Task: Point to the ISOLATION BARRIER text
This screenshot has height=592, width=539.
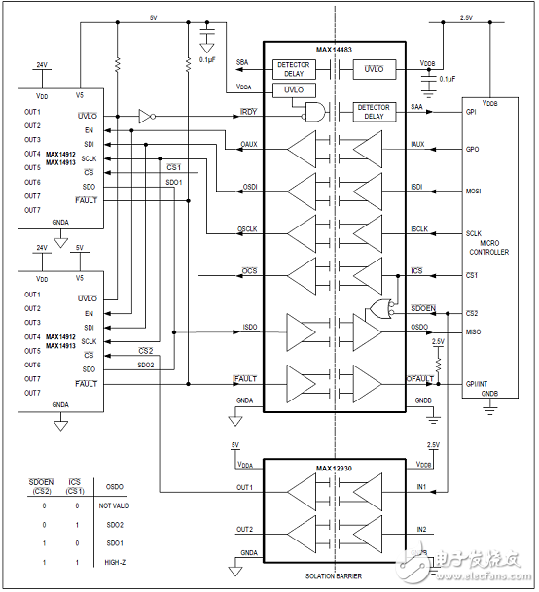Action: click(x=334, y=576)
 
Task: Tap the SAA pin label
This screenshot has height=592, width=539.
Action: click(x=417, y=108)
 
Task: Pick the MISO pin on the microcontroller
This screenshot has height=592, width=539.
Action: click(x=474, y=332)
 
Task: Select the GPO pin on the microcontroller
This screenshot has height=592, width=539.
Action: click(x=473, y=150)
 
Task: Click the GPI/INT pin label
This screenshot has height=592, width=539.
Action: click(x=478, y=384)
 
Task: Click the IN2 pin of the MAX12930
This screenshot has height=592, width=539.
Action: click(x=421, y=529)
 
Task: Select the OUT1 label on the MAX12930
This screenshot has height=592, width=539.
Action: click(x=244, y=487)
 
